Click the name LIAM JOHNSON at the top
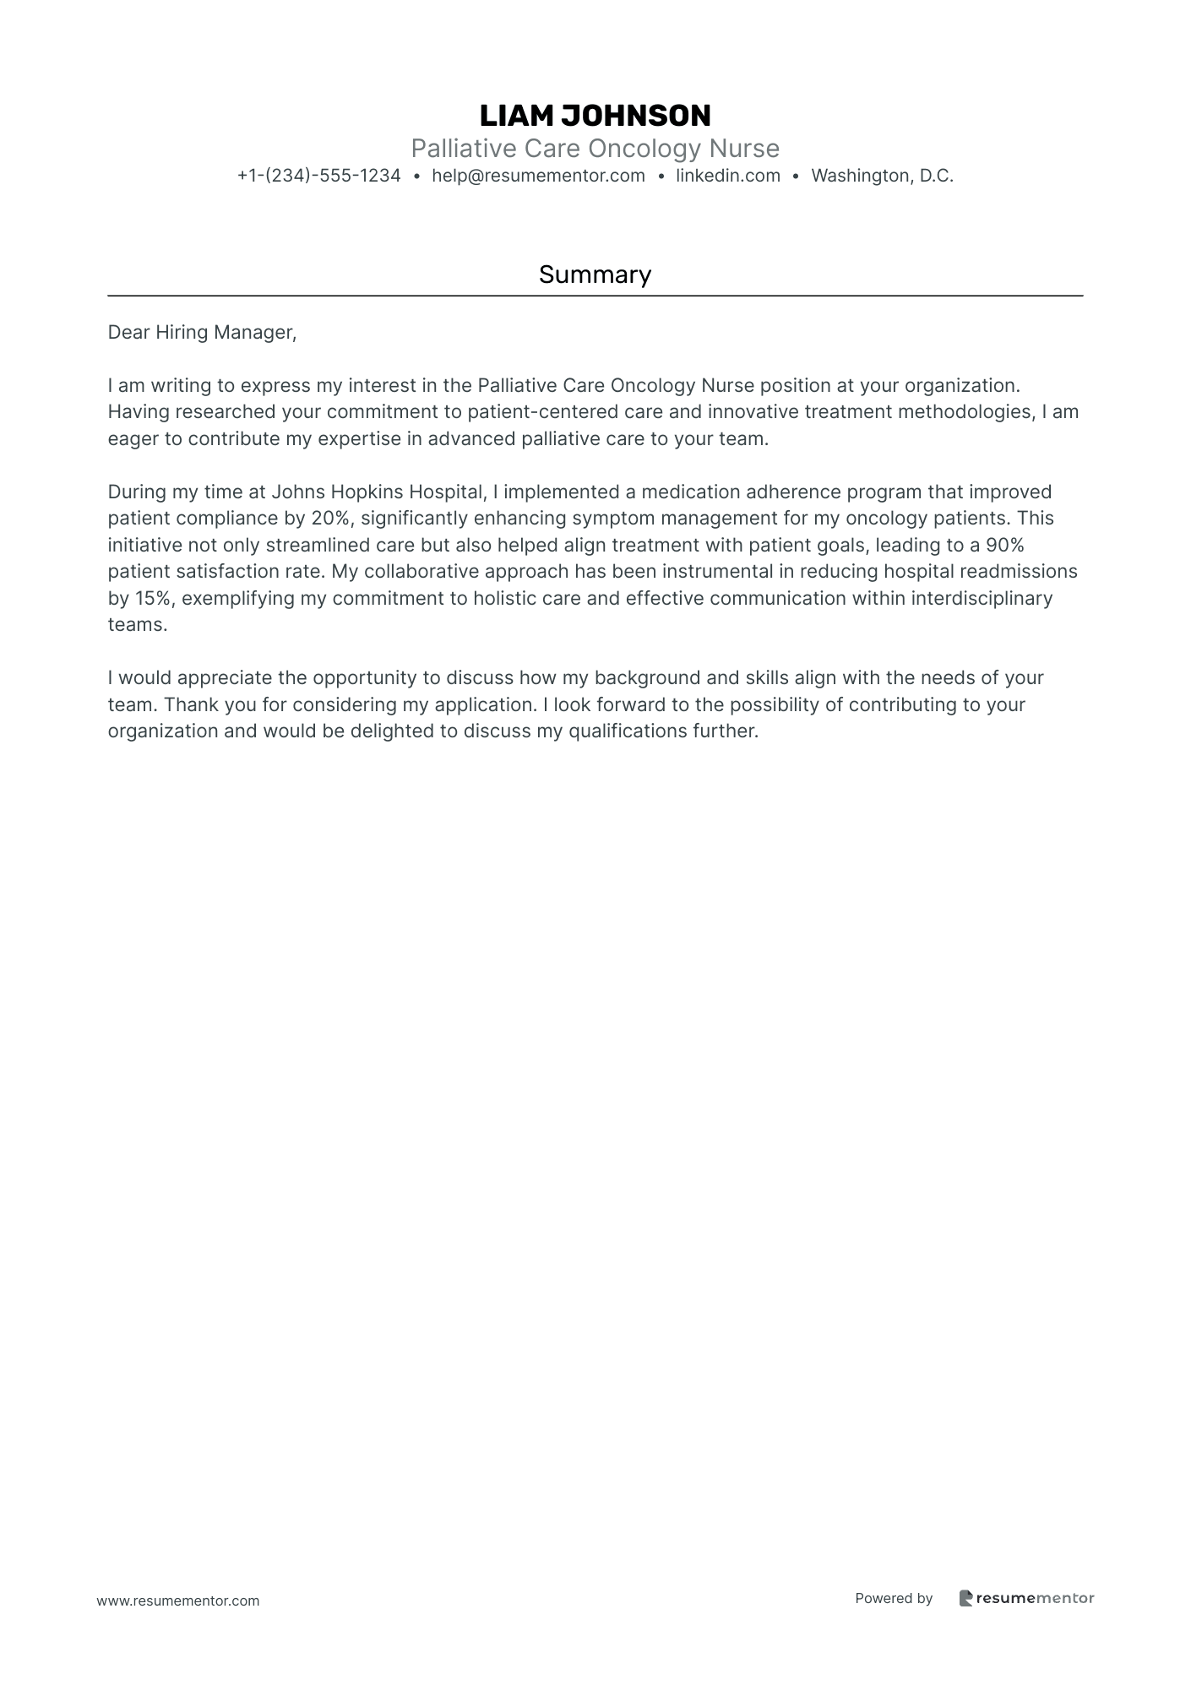point(595,116)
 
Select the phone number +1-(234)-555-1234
point(318,176)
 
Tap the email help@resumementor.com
point(538,176)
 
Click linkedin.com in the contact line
point(727,176)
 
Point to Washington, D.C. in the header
point(882,176)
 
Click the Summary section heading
point(595,274)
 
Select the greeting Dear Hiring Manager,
point(202,333)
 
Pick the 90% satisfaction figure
point(1004,545)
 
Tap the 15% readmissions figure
point(153,599)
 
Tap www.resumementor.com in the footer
point(178,1601)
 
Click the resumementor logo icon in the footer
point(965,1598)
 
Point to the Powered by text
point(893,1598)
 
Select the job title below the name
point(595,149)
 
